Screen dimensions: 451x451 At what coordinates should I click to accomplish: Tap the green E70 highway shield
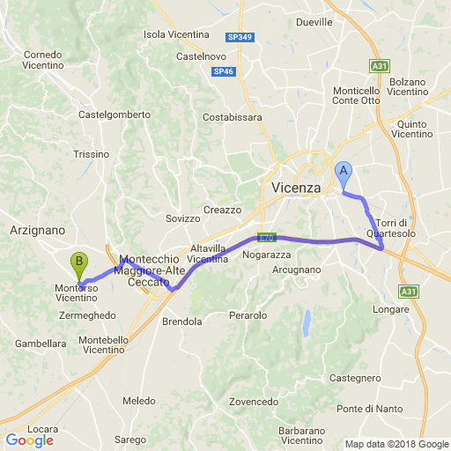(267, 238)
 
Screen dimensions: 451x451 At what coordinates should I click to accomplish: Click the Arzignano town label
(37, 229)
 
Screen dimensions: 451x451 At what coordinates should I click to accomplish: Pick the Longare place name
(391, 309)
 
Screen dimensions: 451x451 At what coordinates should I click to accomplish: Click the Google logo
(29, 440)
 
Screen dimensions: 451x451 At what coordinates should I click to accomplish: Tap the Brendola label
(182, 322)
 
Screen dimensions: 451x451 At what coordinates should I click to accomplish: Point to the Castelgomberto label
(115, 115)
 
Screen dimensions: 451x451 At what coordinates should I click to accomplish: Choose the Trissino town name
(91, 153)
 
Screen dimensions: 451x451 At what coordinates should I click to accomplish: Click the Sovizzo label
(183, 218)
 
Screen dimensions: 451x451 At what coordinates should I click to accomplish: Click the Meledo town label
(139, 401)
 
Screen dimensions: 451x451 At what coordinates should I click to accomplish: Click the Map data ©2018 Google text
(396, 444)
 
